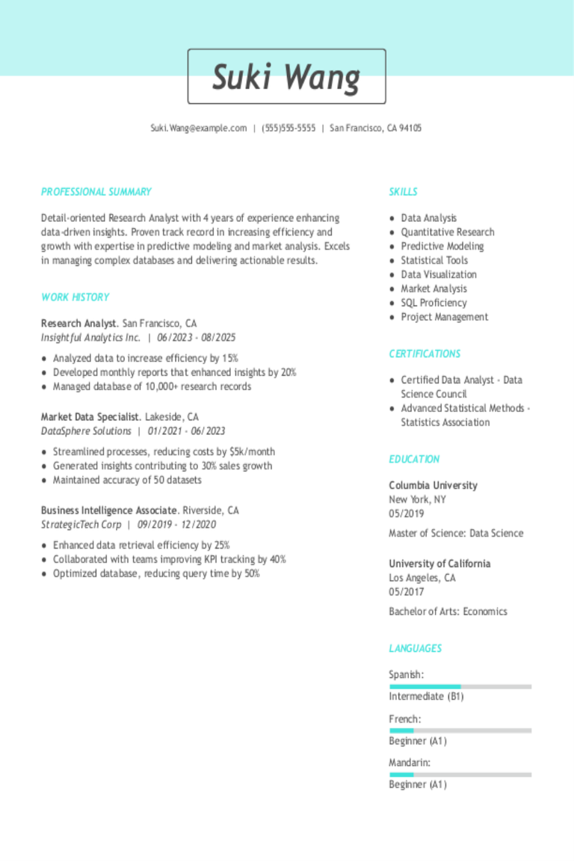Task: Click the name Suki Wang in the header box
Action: [x=286, y=77]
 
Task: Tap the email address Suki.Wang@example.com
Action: [x=198, y=128]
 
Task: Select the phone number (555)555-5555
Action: [x=288, y=128]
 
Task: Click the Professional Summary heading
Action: [x=96, y=192]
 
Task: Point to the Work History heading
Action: [x=75, y=297]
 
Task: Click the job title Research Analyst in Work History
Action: [x=78, y=324]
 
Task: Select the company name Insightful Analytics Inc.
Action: [x=90, y=338]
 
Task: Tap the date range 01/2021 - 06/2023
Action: [x=186, y=431]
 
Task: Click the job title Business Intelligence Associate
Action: [x=109, y=510]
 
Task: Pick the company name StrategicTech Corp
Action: [x=81, y=525]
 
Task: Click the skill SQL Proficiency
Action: [x=433, y=303]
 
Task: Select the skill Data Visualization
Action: [x=439, y=274]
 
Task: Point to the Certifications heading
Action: [x=425, y=354]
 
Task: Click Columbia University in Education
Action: [x=433, y=485]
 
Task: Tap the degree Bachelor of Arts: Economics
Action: [x=448, y=611]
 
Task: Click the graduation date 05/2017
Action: [x=406, y=592]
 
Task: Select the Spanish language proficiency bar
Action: [x=460, y=686]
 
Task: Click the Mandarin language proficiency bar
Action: [x=460, y=774]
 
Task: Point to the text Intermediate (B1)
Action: [x=426, y=697]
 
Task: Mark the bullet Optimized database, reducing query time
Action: [x=156, y=573]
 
